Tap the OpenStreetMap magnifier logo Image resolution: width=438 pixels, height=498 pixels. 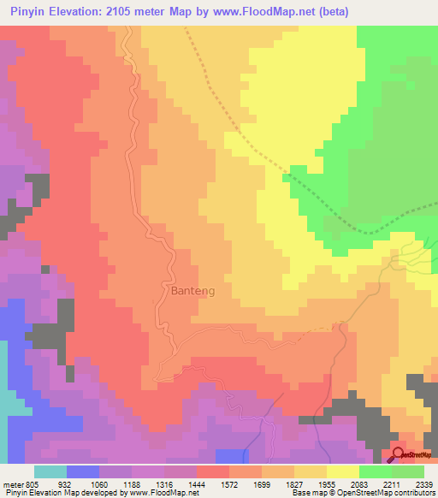(x=400, y=454)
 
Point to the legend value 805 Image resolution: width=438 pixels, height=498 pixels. (x=33, y=483)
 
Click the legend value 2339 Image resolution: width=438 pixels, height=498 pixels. (x=424, y=483)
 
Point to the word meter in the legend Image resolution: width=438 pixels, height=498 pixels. (x=12, y=483)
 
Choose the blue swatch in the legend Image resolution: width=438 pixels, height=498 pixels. (x=82, y=471)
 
